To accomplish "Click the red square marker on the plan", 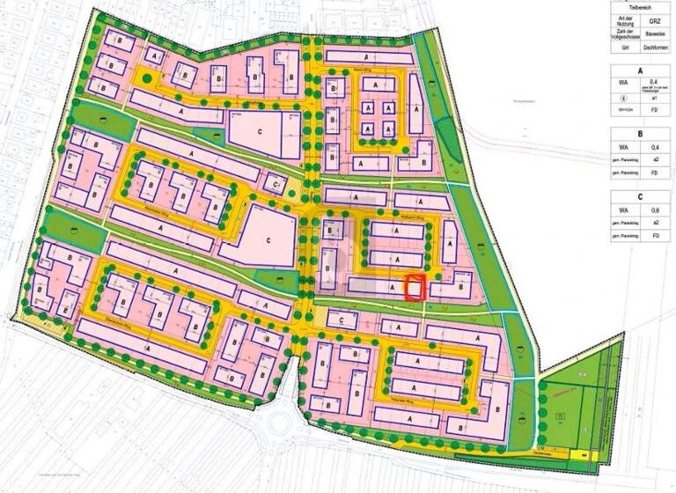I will click(x=415, y=288).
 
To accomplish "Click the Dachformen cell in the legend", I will click(x=653, y=48).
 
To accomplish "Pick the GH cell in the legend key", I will click(x=626, y=48).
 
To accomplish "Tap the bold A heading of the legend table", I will click(x=639, y=71).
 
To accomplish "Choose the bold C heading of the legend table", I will click(x=639, y=197).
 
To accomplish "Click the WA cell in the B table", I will click(x=626, y=148).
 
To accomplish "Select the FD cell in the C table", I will click(x=653, y=237).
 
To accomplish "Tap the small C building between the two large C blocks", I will click(x=276, y=184).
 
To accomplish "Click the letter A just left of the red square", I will click(x=392, y=288).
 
